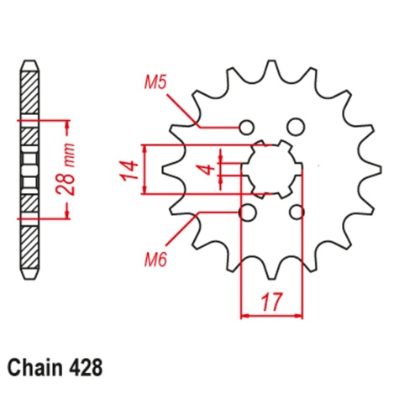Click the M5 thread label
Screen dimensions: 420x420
(155, 83)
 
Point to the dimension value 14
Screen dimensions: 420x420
(128, 171)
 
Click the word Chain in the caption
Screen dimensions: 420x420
(38, 367)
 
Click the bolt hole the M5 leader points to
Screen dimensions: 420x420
(246, 127)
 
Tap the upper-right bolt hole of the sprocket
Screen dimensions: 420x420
(295, 127)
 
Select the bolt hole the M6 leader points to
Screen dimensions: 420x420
(247, 213)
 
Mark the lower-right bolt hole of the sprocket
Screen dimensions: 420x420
(296, 213)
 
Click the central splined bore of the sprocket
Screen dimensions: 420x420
(270, 170)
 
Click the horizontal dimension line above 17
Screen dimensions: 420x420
(271, 317)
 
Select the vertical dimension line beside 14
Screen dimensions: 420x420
(147, 170)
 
